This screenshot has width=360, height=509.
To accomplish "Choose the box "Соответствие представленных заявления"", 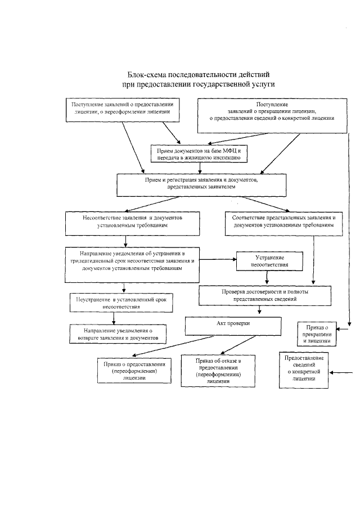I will point(284,221).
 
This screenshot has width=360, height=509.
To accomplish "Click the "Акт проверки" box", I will point(233,325).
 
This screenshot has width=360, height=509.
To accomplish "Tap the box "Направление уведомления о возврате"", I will point(118,334).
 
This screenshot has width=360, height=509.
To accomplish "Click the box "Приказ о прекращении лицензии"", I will point(316,334).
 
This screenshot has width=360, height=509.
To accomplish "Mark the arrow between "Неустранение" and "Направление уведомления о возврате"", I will point(114,318).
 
